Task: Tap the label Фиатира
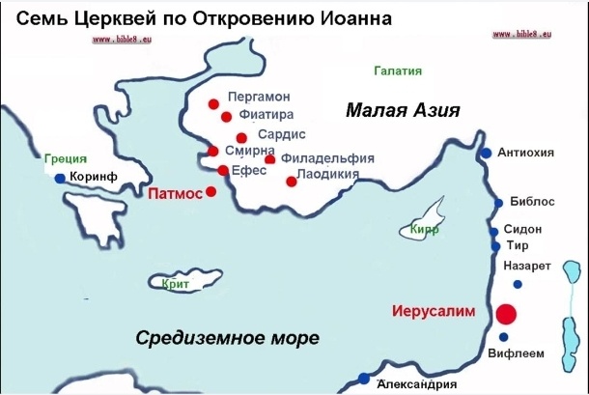[x=259, y=115]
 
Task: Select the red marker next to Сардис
[x=240, y=137]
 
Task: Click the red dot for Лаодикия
[x=291, y=181]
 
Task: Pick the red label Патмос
[x=176, y=193]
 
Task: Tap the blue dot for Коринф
[x=60, y=179]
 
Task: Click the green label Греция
[x=66, y=158]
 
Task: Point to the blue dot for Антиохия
[x=487, y=153]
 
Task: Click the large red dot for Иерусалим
[x=505, y=314]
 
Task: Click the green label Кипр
[x=424, y=231]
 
